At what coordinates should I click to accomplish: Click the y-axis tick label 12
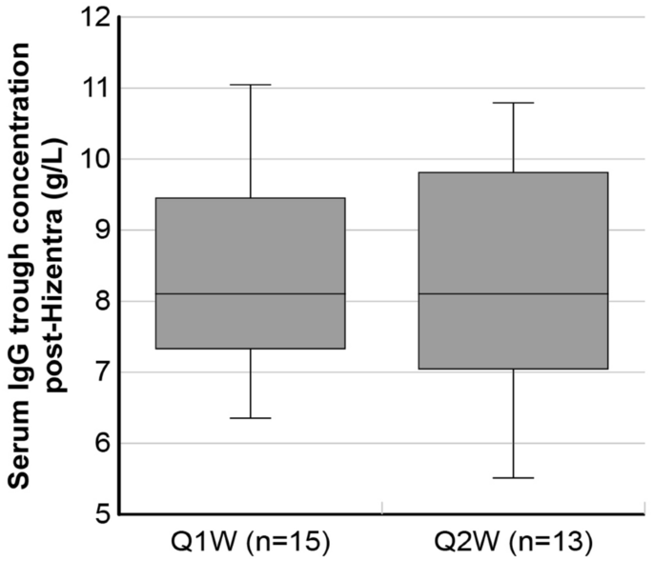[94, 17]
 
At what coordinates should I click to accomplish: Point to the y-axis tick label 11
[94, 89]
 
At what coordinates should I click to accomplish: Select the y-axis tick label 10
[94, 159]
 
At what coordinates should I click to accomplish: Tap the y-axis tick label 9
[100, 230]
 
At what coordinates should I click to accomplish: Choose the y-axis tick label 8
[100, 301]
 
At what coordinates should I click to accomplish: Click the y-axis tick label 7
[100, 372]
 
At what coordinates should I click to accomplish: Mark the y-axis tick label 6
[100, 443]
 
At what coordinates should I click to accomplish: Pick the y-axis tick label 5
[100, 514]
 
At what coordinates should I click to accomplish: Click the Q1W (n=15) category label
[251, 544]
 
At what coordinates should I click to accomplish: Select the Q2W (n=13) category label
[514, 544]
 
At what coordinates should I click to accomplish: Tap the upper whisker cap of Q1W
[251, 85]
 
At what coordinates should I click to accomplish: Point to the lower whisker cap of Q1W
[251, 418]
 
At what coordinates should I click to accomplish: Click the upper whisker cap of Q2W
[514, 102]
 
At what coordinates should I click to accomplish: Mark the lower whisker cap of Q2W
[514, 477]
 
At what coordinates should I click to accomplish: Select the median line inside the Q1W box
[251, 293]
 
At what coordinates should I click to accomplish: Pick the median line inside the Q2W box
[514, 293]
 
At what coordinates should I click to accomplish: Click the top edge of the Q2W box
[514, 172]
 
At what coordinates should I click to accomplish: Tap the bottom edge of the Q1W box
[251, 349]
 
